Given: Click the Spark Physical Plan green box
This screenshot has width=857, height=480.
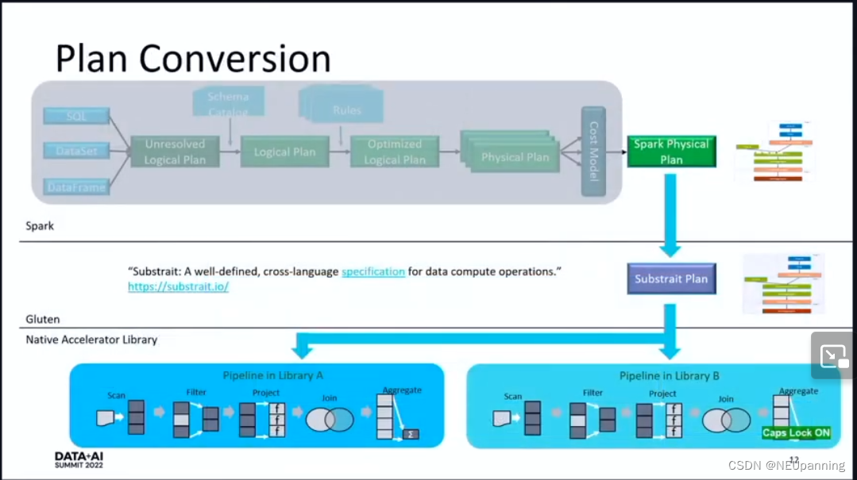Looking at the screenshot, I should point(671,152).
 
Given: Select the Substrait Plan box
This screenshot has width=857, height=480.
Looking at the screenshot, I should point(671,278).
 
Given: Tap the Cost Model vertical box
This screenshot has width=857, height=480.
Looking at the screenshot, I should point(593,151).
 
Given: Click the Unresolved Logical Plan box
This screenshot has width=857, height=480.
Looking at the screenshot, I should point(175,152).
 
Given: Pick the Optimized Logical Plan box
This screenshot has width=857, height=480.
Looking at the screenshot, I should point(394,152).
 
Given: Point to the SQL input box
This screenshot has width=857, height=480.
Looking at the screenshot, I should point(76,117).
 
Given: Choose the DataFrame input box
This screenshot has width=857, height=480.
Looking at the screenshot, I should point(76,187).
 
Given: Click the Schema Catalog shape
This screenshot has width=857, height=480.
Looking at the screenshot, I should point(229,102).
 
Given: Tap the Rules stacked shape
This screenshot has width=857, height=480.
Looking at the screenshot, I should point(346,110).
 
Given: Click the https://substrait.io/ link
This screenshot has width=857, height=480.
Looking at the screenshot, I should point(178,286).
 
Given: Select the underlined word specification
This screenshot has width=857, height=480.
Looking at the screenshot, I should point(373,271).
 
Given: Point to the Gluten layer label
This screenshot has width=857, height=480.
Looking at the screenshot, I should point(43,319).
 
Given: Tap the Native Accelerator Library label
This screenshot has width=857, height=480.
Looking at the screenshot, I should point(91,340).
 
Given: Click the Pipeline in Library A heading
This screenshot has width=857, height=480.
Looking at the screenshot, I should point(272,374).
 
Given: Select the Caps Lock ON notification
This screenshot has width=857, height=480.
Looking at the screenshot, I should point(796,432).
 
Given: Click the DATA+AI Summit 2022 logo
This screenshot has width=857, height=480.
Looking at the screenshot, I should point(79,460).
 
